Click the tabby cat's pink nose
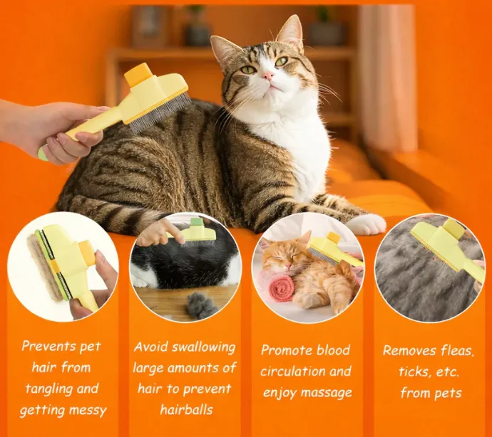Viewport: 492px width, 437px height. [267, 75]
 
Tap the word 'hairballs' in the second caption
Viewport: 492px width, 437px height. [186, 410]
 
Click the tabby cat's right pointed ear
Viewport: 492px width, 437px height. [289, 31]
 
